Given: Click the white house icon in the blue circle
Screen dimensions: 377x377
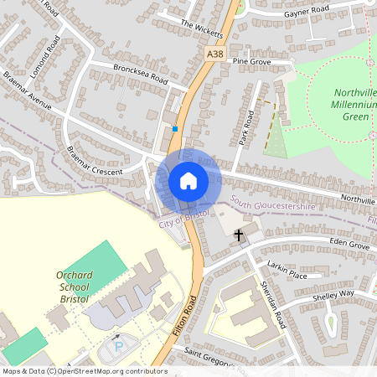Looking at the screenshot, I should (188, 180).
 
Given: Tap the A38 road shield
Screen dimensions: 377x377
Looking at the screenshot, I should (214, 54).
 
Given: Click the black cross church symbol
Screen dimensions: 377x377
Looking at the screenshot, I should (239, 235).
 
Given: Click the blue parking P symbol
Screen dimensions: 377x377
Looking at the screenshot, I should (118, 345).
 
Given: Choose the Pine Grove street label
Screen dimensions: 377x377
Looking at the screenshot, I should (251, 61).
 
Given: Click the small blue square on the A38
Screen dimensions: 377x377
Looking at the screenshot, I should (175, 129).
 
